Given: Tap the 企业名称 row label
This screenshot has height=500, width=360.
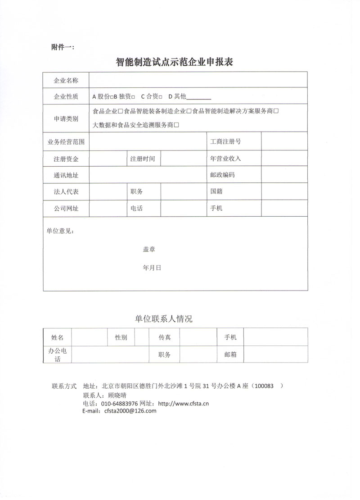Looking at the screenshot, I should (x=66, y=81).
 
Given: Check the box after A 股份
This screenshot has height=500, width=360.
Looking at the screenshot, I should (x=110, y=96).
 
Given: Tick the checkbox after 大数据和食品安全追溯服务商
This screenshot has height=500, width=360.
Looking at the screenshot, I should (x=177, y=125).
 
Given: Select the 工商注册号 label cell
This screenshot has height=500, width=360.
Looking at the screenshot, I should (x=225, y=141).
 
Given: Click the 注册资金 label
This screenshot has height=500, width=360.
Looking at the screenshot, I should (x=66, y=159).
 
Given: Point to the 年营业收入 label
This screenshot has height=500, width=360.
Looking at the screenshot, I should (x=225, y=159).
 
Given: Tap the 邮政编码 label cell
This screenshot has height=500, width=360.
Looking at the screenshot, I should (x=222, y=175).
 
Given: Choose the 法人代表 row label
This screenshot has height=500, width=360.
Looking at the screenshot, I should (x=66, y=191).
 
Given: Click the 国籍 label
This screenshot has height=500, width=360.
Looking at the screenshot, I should (x=216, y=191).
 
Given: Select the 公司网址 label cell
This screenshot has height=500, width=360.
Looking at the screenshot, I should (x=66, y=208).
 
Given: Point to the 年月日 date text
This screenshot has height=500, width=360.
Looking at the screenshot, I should (x=152, y=267).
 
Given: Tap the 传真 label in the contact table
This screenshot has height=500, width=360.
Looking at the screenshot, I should (x=164, y=337).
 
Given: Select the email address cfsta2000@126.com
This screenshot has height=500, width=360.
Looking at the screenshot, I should (x=130, y=411).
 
